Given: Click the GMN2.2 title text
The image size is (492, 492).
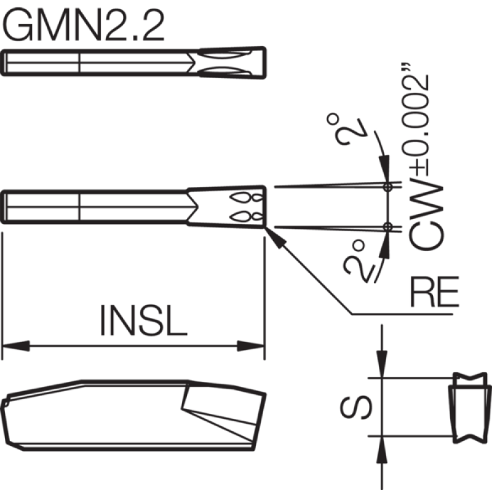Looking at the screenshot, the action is click(x=83, y=25).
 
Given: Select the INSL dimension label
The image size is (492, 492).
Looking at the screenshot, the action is click(x=143, y=320).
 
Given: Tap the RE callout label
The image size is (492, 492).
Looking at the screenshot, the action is click(x=435, y=292).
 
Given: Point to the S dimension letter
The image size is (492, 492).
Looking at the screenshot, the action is click(x=356, y=407).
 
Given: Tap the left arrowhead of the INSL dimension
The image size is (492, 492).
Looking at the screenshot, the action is click(x=16, y=346).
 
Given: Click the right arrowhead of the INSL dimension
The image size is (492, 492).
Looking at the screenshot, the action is click(x=250, y=346).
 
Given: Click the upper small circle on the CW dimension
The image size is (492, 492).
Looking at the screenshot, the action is click(x=388, y=188).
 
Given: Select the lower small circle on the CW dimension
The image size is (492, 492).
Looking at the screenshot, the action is click(x=388, y=226).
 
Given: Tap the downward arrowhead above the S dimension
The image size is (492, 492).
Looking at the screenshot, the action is click(x=382, y=364).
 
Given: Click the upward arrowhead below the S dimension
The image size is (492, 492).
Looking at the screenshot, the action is click(x=382, y=450).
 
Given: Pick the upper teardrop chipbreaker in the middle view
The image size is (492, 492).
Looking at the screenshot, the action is click(x=246, y=197).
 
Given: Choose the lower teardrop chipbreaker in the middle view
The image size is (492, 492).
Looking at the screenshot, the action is click(x=246, y=216).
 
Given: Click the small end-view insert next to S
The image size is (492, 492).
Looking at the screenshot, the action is click(x=469, y=408).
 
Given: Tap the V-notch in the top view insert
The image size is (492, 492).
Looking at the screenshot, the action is click(x=191, y=63).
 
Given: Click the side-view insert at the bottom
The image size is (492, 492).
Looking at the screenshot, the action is click(x=133, y=415).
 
